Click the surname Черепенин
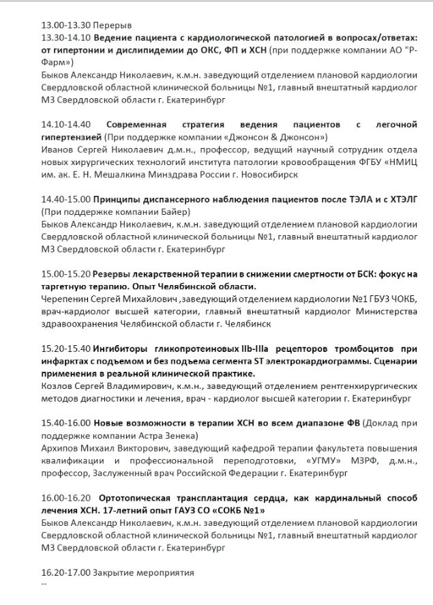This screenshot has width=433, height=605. [x=67, y=299]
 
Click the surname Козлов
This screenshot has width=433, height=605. [x=58, y=387]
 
